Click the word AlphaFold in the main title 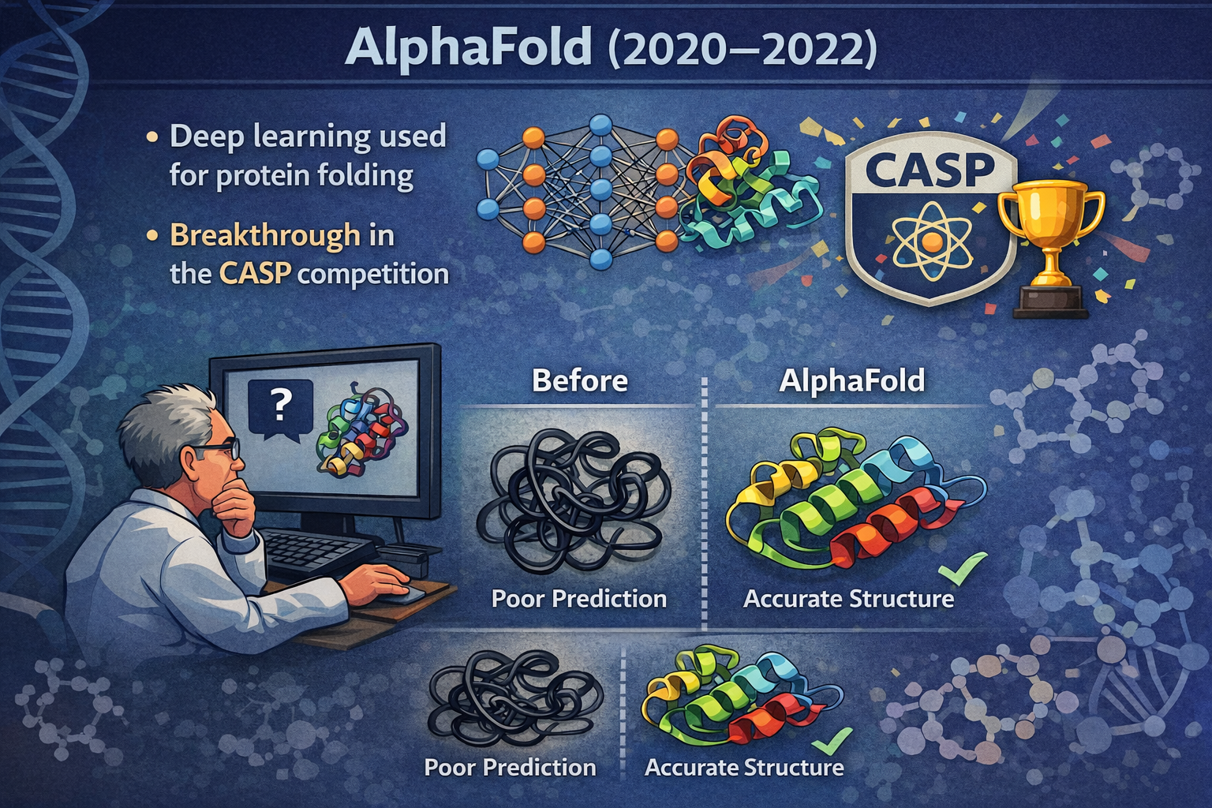click(x=469, y=47)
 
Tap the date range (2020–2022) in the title click(x=742, y=49)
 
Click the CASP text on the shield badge click(x=930, y=169)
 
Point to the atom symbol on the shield click(x=931, y=241)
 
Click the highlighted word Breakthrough click(x=265, y=235)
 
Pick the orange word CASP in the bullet click(x=255, y=274)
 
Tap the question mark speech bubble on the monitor click(x=280, y=409)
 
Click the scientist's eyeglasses click(x=216, y=450)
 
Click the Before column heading click(x=579, y=380)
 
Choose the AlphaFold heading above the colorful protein click(x=851, y=380)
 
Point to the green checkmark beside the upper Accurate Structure click(x=963, y=567)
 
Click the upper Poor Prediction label click(x=579, y=599)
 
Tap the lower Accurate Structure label click(x=744, y=768)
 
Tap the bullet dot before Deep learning click(x=152, y=137)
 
